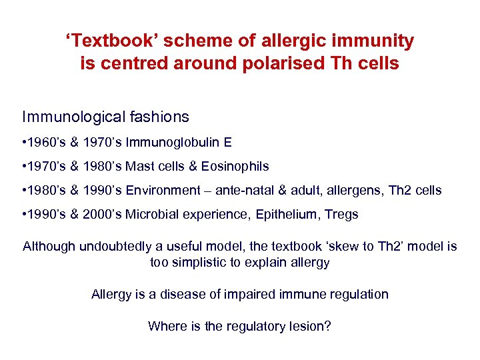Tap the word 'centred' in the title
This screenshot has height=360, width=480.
point(131,63)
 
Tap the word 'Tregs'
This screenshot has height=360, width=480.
point(341,214)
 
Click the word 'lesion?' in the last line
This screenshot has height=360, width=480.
point(309,326)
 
